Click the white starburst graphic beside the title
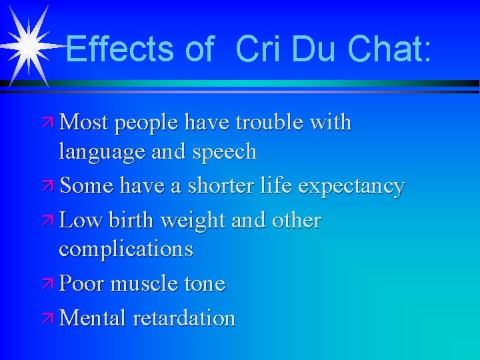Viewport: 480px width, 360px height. pyautogui.click(x=29, y=45)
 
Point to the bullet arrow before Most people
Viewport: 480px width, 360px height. pyautogui.click(x=48, y=123)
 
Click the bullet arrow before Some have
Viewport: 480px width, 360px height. pyautogui.click(x=48, y=187)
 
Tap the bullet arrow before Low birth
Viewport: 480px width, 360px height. pyautogui.click(x=48, y=221)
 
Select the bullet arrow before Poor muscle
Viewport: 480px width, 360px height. pyautogui.click(x=48, y=285)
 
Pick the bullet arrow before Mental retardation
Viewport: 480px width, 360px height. pyautogui.click(x=48, y=319)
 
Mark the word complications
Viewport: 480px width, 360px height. pyautogui.click(x=126, y=249)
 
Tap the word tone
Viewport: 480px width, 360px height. pyautogui.click(x=205, y=285)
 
